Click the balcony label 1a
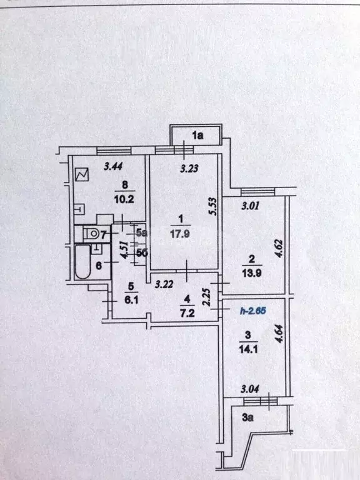(197, 135)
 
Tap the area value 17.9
(180, 234)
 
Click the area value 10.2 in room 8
(124, 199)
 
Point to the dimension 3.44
(113, 166)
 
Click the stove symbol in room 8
(82, 174)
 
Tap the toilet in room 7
(91, 234)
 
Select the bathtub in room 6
(82, 261)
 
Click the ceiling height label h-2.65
(253, 311)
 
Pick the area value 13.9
(252, 272)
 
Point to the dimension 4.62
(279, 248)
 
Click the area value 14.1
(248, 349)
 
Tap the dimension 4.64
(279, 334)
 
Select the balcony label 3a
(247, 417)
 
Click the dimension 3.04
(250, 389)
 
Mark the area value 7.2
(187, 313)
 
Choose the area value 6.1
(131, 300)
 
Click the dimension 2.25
(207, 297)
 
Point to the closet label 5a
(141, 233)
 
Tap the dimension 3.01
(251, 206)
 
